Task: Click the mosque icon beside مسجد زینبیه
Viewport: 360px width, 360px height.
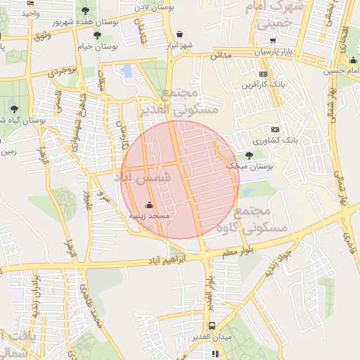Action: tap(148, 205)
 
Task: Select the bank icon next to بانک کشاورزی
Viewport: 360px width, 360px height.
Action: tap(274, 129)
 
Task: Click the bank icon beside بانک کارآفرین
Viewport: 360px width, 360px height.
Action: tap(263, 74)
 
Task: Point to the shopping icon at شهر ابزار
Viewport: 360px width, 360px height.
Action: tap(180, 34)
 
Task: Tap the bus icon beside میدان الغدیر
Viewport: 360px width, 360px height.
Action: tap(212, 326)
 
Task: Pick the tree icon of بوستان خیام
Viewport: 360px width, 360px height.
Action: tap(97, 34)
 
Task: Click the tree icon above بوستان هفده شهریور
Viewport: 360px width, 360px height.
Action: tap(86, 11)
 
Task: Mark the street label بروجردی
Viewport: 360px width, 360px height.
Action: tap(63, 71)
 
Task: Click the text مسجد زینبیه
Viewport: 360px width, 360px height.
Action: tap(148, 216)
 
